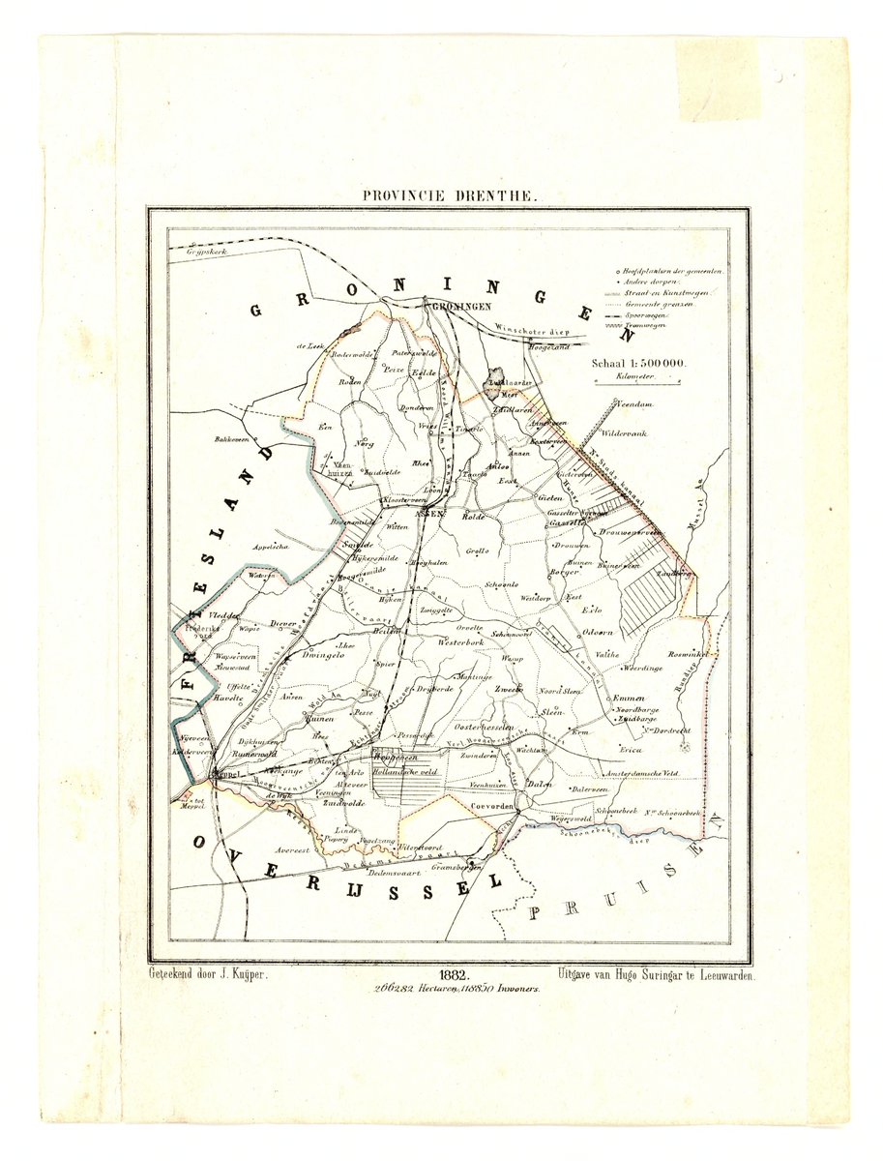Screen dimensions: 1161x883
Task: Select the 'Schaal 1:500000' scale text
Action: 640,363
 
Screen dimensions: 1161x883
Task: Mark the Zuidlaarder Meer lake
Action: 499,377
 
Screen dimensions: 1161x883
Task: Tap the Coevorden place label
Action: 490,805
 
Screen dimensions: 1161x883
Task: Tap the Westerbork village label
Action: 460,641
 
